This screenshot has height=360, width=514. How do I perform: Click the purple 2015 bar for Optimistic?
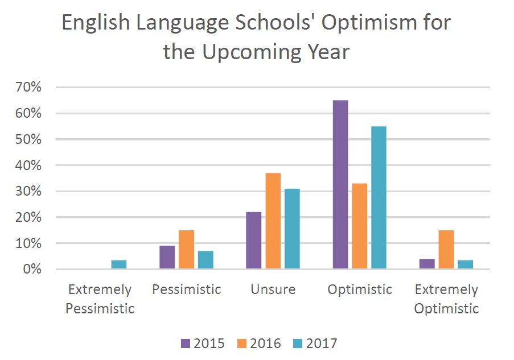[340, 184]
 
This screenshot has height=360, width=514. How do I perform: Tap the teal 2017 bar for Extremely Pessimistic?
[118, 264]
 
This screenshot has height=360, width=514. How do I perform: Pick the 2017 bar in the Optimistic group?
[379, 197]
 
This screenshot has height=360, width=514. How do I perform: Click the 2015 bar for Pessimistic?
[167, 257]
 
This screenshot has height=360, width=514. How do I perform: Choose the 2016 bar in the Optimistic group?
[360, 226]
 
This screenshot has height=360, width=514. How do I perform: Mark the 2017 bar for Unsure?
[292, 229]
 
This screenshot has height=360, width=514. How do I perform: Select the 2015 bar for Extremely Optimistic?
[427, 264]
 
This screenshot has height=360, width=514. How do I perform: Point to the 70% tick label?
[28, 88]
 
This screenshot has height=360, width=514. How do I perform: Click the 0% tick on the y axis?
[32, 269]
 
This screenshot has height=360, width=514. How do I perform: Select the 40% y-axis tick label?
[28, 165]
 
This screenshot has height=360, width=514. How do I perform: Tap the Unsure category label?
[273, 289]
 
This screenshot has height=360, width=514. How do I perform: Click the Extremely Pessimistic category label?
[100, 299]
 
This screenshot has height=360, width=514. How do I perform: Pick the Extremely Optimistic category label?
[446, 299]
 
